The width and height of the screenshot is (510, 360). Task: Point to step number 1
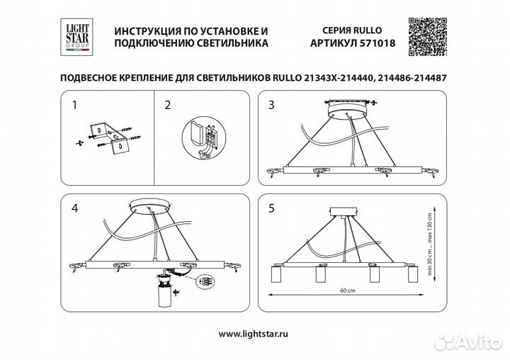(76, 106)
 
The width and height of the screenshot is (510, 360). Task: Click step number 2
(168, 106)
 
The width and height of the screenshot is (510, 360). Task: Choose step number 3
(271, 106)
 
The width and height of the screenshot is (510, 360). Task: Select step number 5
(271, 209)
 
